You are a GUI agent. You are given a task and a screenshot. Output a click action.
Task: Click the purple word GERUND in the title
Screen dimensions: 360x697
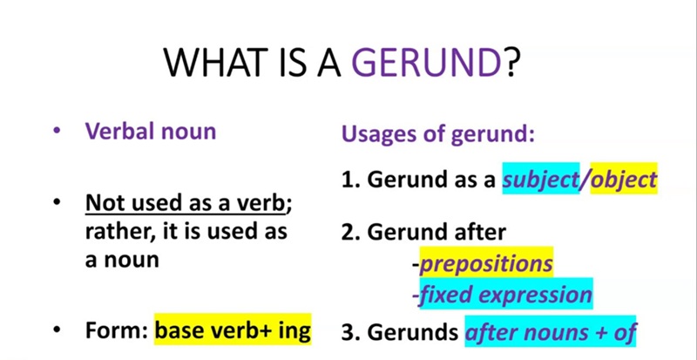click(x=426, y=62)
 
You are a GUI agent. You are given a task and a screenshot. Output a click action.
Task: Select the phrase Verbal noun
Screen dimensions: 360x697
click(x=150, y=132)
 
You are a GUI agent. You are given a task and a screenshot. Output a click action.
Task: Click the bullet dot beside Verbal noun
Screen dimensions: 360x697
click(x=57, y=132)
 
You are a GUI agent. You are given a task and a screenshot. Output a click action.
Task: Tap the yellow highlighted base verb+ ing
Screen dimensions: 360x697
click(x=233, y=331)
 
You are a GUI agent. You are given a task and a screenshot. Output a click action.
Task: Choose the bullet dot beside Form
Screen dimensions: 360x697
click(x=57, y=331)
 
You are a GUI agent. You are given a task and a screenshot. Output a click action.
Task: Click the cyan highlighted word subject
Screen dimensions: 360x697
click(x=541, y=180)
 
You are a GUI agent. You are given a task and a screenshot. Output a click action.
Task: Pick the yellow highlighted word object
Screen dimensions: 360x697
click(x=623, y=180)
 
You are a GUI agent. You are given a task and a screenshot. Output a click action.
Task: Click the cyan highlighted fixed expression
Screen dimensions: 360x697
click(x=504, y=295)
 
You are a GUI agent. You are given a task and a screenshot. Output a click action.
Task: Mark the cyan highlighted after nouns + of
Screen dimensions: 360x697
click(x=550, y=332)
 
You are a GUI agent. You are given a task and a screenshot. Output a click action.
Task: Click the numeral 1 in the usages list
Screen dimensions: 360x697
click(x=347, y=180)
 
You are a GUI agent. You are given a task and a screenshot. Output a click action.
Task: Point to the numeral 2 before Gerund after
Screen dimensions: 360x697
click(x=347, y=232)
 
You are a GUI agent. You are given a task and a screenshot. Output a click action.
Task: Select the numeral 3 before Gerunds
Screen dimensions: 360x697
click(x=347, y=332)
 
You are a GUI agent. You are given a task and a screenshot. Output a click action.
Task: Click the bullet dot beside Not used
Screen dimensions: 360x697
click(x=57, y=203)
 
